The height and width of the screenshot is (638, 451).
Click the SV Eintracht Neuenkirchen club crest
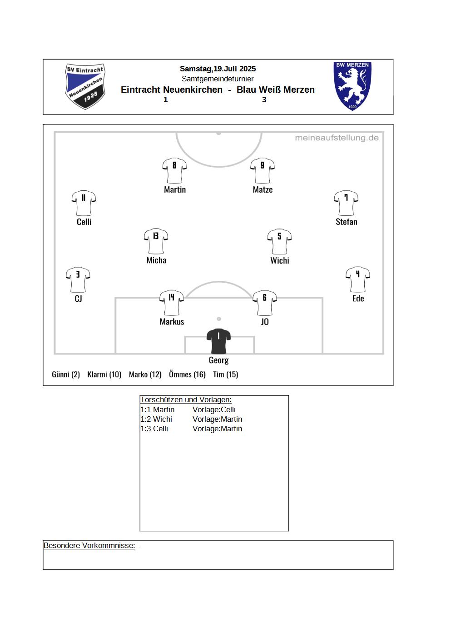pos(85,86)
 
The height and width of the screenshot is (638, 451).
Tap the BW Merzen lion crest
pos(352,86)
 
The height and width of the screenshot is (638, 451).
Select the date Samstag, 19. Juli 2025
pos(218,69)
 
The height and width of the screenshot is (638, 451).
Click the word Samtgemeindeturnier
pos(218,79)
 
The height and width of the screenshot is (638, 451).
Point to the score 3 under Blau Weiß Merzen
pos(264,100)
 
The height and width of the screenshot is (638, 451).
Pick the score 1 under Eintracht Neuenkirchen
pos(165,100)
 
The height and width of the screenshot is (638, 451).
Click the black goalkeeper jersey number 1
pos(218,341)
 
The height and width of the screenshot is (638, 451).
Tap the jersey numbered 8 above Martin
pos(174,170)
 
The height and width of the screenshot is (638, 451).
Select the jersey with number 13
pos(156,241)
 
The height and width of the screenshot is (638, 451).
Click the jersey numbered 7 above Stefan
pos(346,203)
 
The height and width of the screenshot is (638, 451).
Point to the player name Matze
pos(263,189)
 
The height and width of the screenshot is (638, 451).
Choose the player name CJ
pos(78,299)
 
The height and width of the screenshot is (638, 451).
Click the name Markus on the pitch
pos(172,322)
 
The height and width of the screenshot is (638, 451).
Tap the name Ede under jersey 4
pos(358,298)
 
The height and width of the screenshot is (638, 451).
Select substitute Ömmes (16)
pos(187,374)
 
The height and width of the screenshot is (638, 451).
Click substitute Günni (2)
pos(66,374)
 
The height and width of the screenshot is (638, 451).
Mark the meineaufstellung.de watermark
pos(337,138)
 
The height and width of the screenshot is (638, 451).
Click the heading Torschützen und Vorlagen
pos(186,399)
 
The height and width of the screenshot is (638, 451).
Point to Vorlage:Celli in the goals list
pos(214,409)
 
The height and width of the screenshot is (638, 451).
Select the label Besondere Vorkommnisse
pos(89,545)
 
